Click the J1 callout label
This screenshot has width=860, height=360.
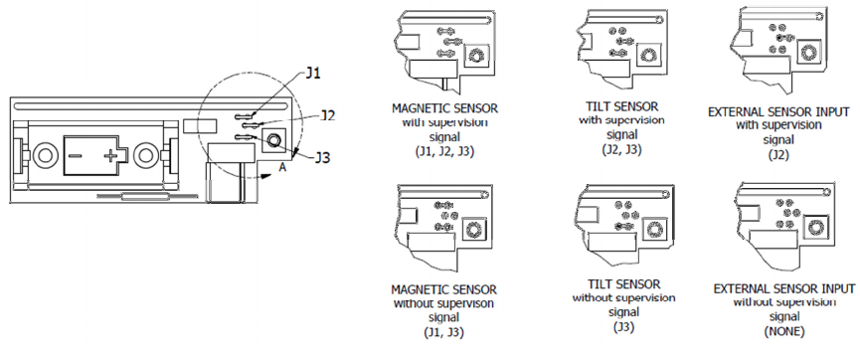(x=312, y=74)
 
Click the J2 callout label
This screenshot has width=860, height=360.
(x=328, y=115)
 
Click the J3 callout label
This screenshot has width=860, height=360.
(x=322, y=158)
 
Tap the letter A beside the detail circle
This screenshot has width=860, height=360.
(x=282, y=168)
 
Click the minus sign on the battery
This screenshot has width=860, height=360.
(x=76, y=156)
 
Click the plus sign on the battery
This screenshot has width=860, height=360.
(x=110, y=156)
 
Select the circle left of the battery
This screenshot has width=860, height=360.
(x=44, y=155)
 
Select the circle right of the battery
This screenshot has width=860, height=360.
(x=145, y=155)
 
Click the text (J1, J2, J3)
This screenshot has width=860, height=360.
(x=444, y=152)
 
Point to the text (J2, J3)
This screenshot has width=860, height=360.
(x=622, y=148)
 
